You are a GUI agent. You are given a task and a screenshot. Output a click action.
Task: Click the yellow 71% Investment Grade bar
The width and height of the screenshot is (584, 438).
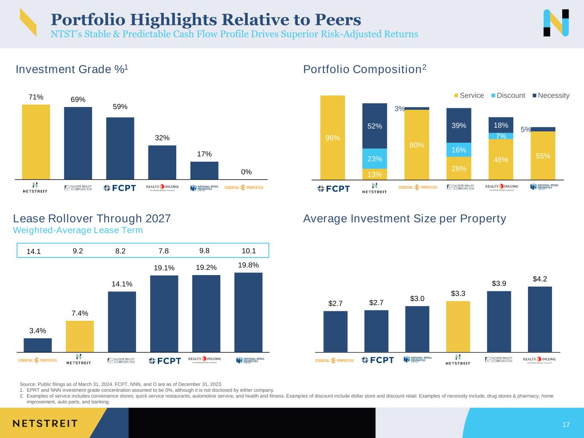point(36,142)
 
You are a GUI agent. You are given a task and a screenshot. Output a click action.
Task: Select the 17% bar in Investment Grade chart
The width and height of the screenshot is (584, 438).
point(204,170)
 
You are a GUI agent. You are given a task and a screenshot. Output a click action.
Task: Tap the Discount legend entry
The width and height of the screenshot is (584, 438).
point(510,95)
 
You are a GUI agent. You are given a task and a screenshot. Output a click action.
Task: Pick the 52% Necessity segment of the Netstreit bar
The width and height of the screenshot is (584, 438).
point(374,126)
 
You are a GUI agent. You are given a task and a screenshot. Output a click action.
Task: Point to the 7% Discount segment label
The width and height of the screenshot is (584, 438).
point(501,136)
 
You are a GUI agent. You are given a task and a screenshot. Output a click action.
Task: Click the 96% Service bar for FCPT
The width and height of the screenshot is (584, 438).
point(332,137)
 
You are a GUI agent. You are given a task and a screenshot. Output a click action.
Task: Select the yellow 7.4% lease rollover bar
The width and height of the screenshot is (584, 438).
point(80,336)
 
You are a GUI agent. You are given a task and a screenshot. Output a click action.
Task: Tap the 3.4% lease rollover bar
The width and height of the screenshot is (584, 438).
point(38,345)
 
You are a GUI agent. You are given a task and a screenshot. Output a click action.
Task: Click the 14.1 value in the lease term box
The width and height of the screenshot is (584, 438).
point(33,252)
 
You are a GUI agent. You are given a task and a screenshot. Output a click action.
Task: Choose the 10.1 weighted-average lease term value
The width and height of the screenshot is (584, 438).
point(249,251)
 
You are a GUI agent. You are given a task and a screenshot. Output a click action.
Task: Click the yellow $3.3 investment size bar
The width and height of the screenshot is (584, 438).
point(458,326)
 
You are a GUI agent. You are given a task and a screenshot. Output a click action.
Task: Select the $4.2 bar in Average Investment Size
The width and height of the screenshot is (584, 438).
point(540,319)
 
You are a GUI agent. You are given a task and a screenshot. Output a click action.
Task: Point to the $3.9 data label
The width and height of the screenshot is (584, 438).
point(499,284)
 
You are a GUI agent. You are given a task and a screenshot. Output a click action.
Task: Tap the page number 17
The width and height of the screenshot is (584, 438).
point(566,425)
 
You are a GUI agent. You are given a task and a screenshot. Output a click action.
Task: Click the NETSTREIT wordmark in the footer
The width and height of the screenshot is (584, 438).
point(45,423)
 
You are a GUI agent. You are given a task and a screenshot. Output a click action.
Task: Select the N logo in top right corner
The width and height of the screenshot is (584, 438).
point(556,23)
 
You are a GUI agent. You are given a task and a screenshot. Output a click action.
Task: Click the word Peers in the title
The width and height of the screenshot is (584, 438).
point(338,20)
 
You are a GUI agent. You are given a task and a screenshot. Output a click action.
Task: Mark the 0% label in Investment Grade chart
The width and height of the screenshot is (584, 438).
point(246,172)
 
